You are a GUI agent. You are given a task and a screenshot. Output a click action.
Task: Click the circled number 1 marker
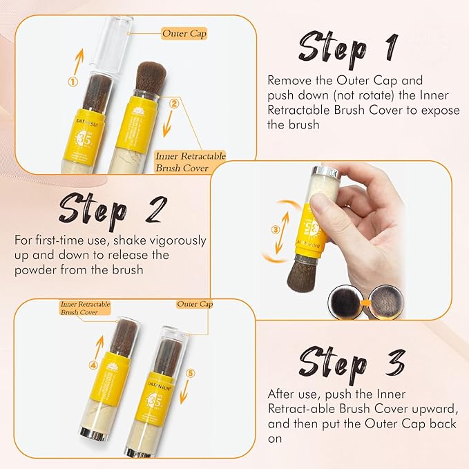71,81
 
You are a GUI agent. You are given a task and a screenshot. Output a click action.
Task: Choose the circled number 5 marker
191,374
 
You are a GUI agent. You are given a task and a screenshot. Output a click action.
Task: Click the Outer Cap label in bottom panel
195,304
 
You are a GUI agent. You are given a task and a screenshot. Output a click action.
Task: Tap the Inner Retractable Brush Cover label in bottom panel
85,308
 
